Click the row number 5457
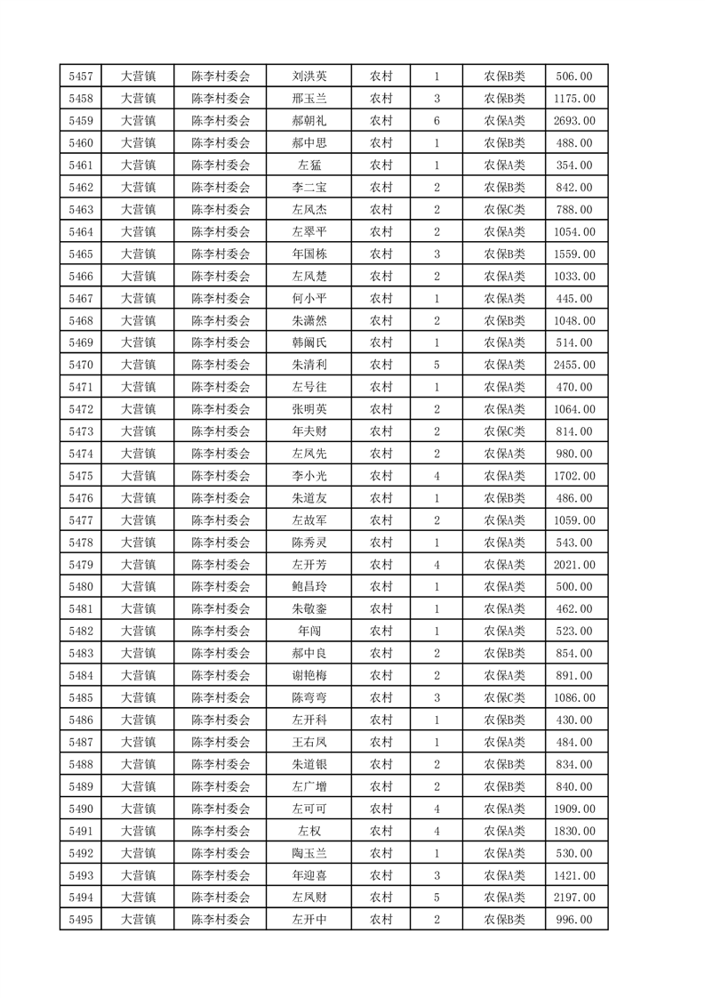80,76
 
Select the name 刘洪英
308,76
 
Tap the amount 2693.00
574,121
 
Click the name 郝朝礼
308,121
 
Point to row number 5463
80,210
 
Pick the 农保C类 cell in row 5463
504,210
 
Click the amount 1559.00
574,254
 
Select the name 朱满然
308,321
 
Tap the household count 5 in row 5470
437,365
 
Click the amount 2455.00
574,365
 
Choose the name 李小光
308,476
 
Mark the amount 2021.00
574,565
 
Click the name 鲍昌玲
308,587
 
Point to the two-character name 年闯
308,632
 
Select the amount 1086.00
574,698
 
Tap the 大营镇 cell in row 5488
138,764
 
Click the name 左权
308,831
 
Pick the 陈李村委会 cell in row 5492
221,853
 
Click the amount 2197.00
574,897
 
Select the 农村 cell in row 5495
381,920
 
